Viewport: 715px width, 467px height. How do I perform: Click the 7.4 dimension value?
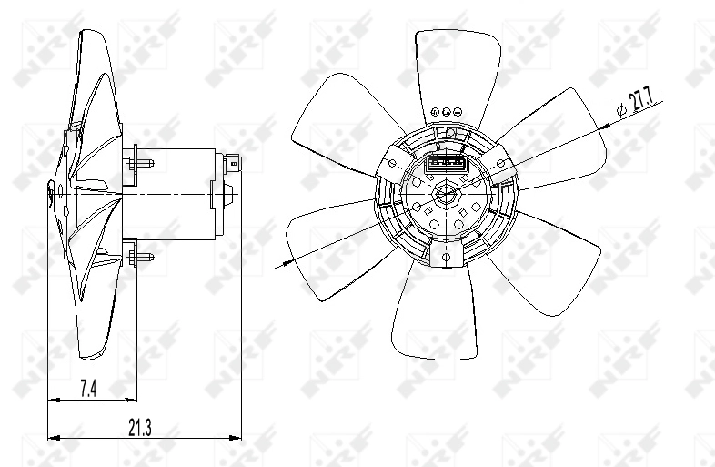pyautogui.click(x=88, y=389)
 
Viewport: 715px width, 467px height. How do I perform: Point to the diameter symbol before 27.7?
pyautogui.click(x=622, y=110)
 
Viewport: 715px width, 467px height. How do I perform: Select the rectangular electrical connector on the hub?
pyautogui.click(x=447, y=165)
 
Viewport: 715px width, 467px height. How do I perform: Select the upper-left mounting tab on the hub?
pyautogui.click(x=391, y=162)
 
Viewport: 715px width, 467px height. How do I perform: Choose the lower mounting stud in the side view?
pyautogui.click(x=142, y=256)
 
